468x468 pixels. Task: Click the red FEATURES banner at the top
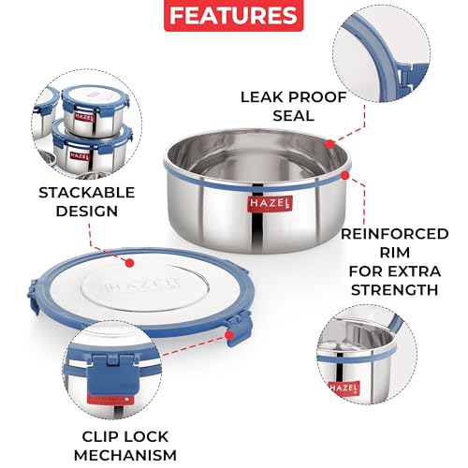tap(234, 15)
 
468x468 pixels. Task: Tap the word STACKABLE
tap(87, 193)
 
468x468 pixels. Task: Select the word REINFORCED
tap(394, 234)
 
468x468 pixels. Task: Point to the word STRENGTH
tap(395, 290)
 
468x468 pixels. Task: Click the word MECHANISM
tap(125, 455)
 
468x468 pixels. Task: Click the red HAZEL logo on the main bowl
tap(270, 204)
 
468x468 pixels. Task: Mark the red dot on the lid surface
tap(130, 263)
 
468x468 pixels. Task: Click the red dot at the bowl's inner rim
tap(329, 144)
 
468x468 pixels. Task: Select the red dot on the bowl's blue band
tap(344, 176)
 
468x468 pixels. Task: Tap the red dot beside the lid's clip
tap(229, 335)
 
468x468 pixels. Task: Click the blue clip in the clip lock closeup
tap(111, 376)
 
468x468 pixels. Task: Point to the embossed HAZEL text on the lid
tap(142, 285)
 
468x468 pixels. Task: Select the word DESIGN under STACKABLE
tap(87, 212)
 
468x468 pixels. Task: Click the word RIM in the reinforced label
tap(395, 253)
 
